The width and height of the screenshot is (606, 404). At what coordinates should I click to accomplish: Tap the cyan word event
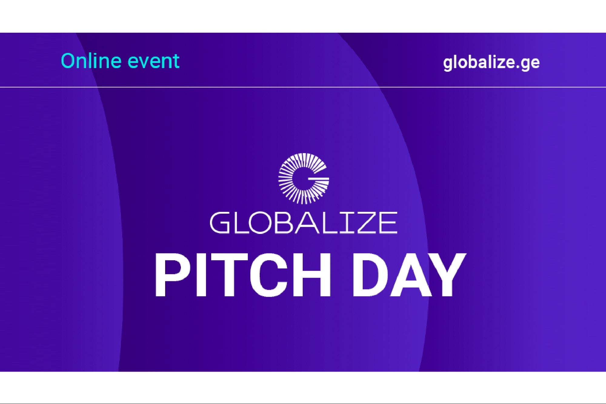pos(154,62)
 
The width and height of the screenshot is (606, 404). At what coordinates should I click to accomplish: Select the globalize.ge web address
pos(491,63)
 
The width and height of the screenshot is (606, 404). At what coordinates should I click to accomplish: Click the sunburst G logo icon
pos(304,179)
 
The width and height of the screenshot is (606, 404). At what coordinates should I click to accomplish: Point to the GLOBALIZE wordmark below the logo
pos(303,223)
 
